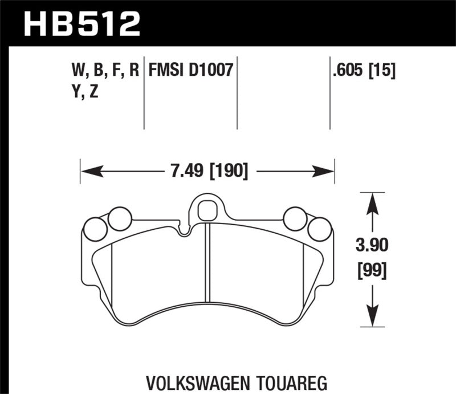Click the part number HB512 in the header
pyautogui.click(x=81, y=23)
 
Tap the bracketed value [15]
pyautogui.click(x=383, y=71)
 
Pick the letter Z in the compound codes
pyautogui.click(x=93, y=91)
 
